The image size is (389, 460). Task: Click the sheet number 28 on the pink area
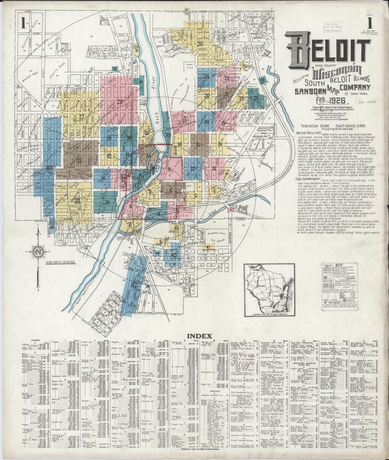coord(119,102)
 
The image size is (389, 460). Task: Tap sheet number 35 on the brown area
coord(79,161)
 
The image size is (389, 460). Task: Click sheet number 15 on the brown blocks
coord(198,144)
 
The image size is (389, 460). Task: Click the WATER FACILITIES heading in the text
coord(308,133)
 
